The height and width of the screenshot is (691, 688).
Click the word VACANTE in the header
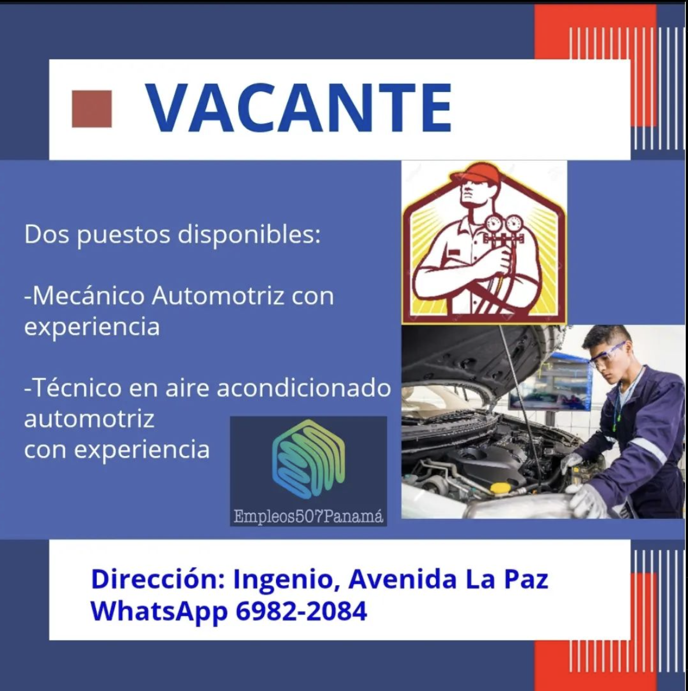299,108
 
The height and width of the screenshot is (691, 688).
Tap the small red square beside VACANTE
92,109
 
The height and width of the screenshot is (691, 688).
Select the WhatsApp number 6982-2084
302,611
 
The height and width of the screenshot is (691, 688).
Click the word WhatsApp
159,612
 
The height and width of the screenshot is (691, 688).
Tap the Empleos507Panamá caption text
308,516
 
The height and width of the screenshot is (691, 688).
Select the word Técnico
73,388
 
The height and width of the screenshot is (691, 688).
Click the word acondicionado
304,388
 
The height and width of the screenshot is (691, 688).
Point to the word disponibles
249,234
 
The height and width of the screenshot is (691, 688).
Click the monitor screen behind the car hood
549,382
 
